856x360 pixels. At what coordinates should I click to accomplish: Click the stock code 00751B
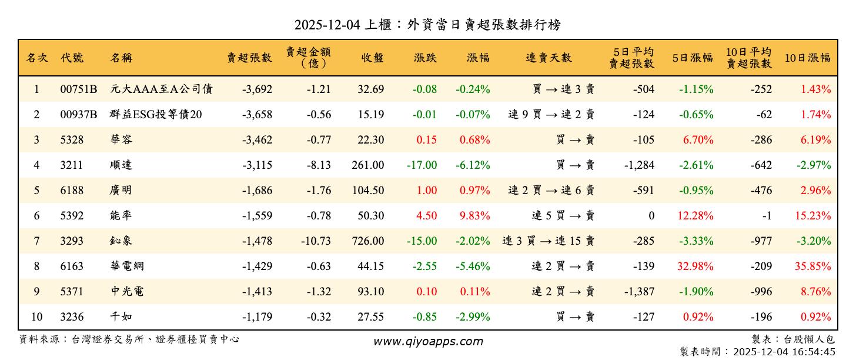[x=78, y=89]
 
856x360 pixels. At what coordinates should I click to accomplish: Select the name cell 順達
[x=121, y=165]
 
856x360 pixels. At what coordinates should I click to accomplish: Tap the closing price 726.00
[x=368, y=241]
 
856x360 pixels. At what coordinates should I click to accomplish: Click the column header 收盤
[x=373, y=58]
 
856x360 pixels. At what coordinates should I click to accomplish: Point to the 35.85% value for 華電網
[x=813, y=266]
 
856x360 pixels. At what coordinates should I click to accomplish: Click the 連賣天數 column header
[x=549, y=58]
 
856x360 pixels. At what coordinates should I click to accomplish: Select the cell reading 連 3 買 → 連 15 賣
[x=549, y=241]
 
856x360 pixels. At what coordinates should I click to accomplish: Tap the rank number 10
[x=36, y=317]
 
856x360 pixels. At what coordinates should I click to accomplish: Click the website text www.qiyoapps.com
[x=428, y=341]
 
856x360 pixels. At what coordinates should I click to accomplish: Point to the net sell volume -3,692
[x=257, y=89]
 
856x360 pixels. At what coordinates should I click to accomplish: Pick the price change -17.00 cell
[x=422, y=165]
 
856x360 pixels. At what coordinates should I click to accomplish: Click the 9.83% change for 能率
[x=476, y=216]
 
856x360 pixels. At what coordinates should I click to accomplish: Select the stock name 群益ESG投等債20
[x=156, y=115]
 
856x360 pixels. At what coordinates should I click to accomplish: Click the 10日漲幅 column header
[x=808, y=58]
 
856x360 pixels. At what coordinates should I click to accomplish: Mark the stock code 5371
[x=71, y=292]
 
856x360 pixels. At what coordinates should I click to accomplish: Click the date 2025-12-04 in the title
[x=326, y=25]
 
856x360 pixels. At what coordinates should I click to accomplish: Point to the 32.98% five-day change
[x=695, y=266]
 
